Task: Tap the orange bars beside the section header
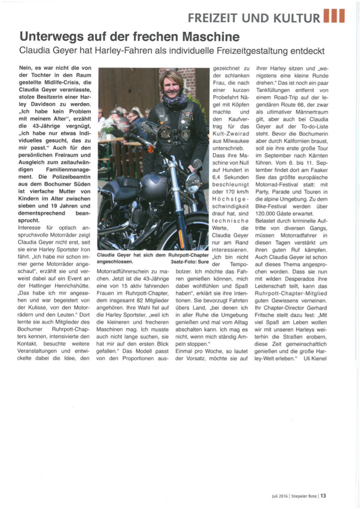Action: [334, 17]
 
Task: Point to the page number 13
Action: [324, 496]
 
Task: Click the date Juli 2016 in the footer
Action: [280, 496]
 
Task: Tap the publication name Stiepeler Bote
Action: [304, 496]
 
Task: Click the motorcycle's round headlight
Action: [192, 183]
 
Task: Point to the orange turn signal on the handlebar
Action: [197, 163]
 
